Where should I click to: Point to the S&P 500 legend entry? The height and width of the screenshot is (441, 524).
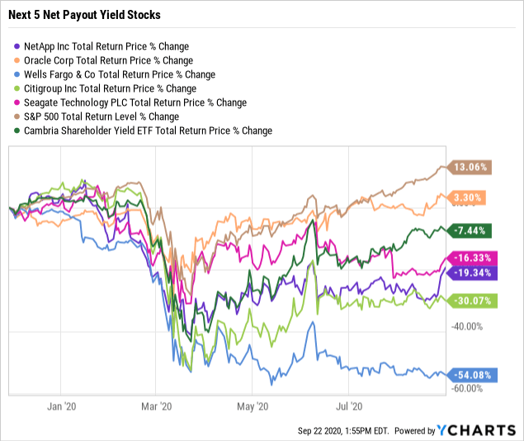pos(105,116)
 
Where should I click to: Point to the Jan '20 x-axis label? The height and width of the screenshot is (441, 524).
pos(64,406)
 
